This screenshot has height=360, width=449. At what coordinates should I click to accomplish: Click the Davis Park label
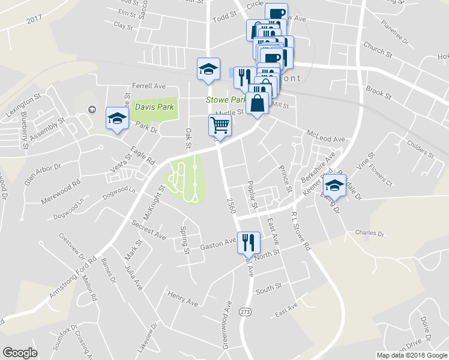point(154,107)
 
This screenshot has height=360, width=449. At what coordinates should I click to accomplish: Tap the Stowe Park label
point(226,100)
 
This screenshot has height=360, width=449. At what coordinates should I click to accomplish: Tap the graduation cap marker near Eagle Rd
point(117,118)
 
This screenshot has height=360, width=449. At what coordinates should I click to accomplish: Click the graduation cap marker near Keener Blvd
point(334,185)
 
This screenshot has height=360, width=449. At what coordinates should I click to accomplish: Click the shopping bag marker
point(258,103)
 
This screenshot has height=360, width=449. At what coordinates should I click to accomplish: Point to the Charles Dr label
point(369,233)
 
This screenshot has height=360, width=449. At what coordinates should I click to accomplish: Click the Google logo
point(20,353)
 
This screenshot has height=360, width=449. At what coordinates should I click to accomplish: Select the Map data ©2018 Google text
point(412,355)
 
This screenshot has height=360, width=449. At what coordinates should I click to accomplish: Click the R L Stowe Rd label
point(300,231)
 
